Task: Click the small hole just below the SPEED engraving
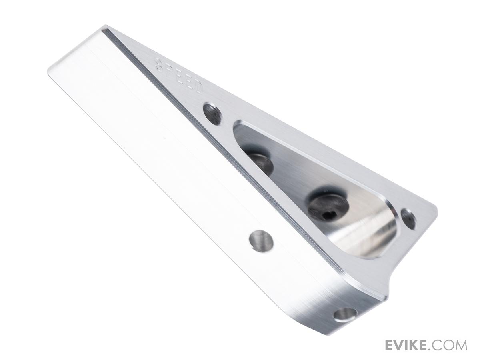pos(212,114)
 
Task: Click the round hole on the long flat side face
pos(261,241)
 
